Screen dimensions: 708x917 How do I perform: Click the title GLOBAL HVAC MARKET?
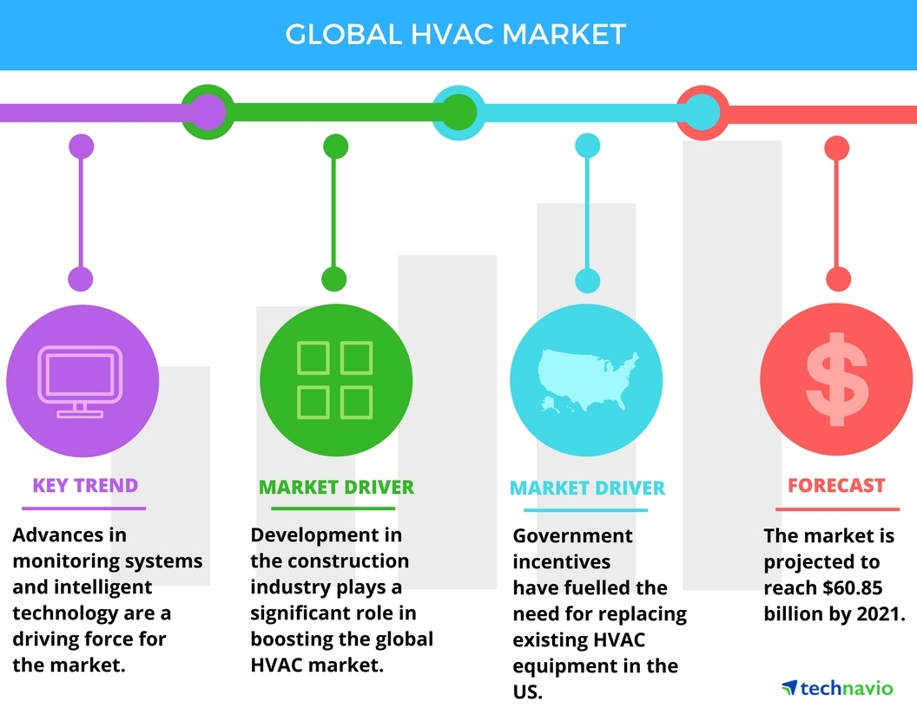coord(456,34)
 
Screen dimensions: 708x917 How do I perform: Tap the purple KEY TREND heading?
coord(85,485)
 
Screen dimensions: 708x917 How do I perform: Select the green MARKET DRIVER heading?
coord(336,487)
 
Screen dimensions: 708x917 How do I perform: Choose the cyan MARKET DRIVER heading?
coord(587,488)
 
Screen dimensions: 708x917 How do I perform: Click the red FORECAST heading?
coord(836,485)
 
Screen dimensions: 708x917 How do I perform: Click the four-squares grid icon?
coord(335,379)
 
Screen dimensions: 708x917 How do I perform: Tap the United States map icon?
coord(587,379)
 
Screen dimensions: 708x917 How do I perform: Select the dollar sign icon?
coord(836,381)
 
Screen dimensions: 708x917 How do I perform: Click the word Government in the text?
coord(572,536)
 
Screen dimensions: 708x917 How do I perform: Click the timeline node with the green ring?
coord(207,112)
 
